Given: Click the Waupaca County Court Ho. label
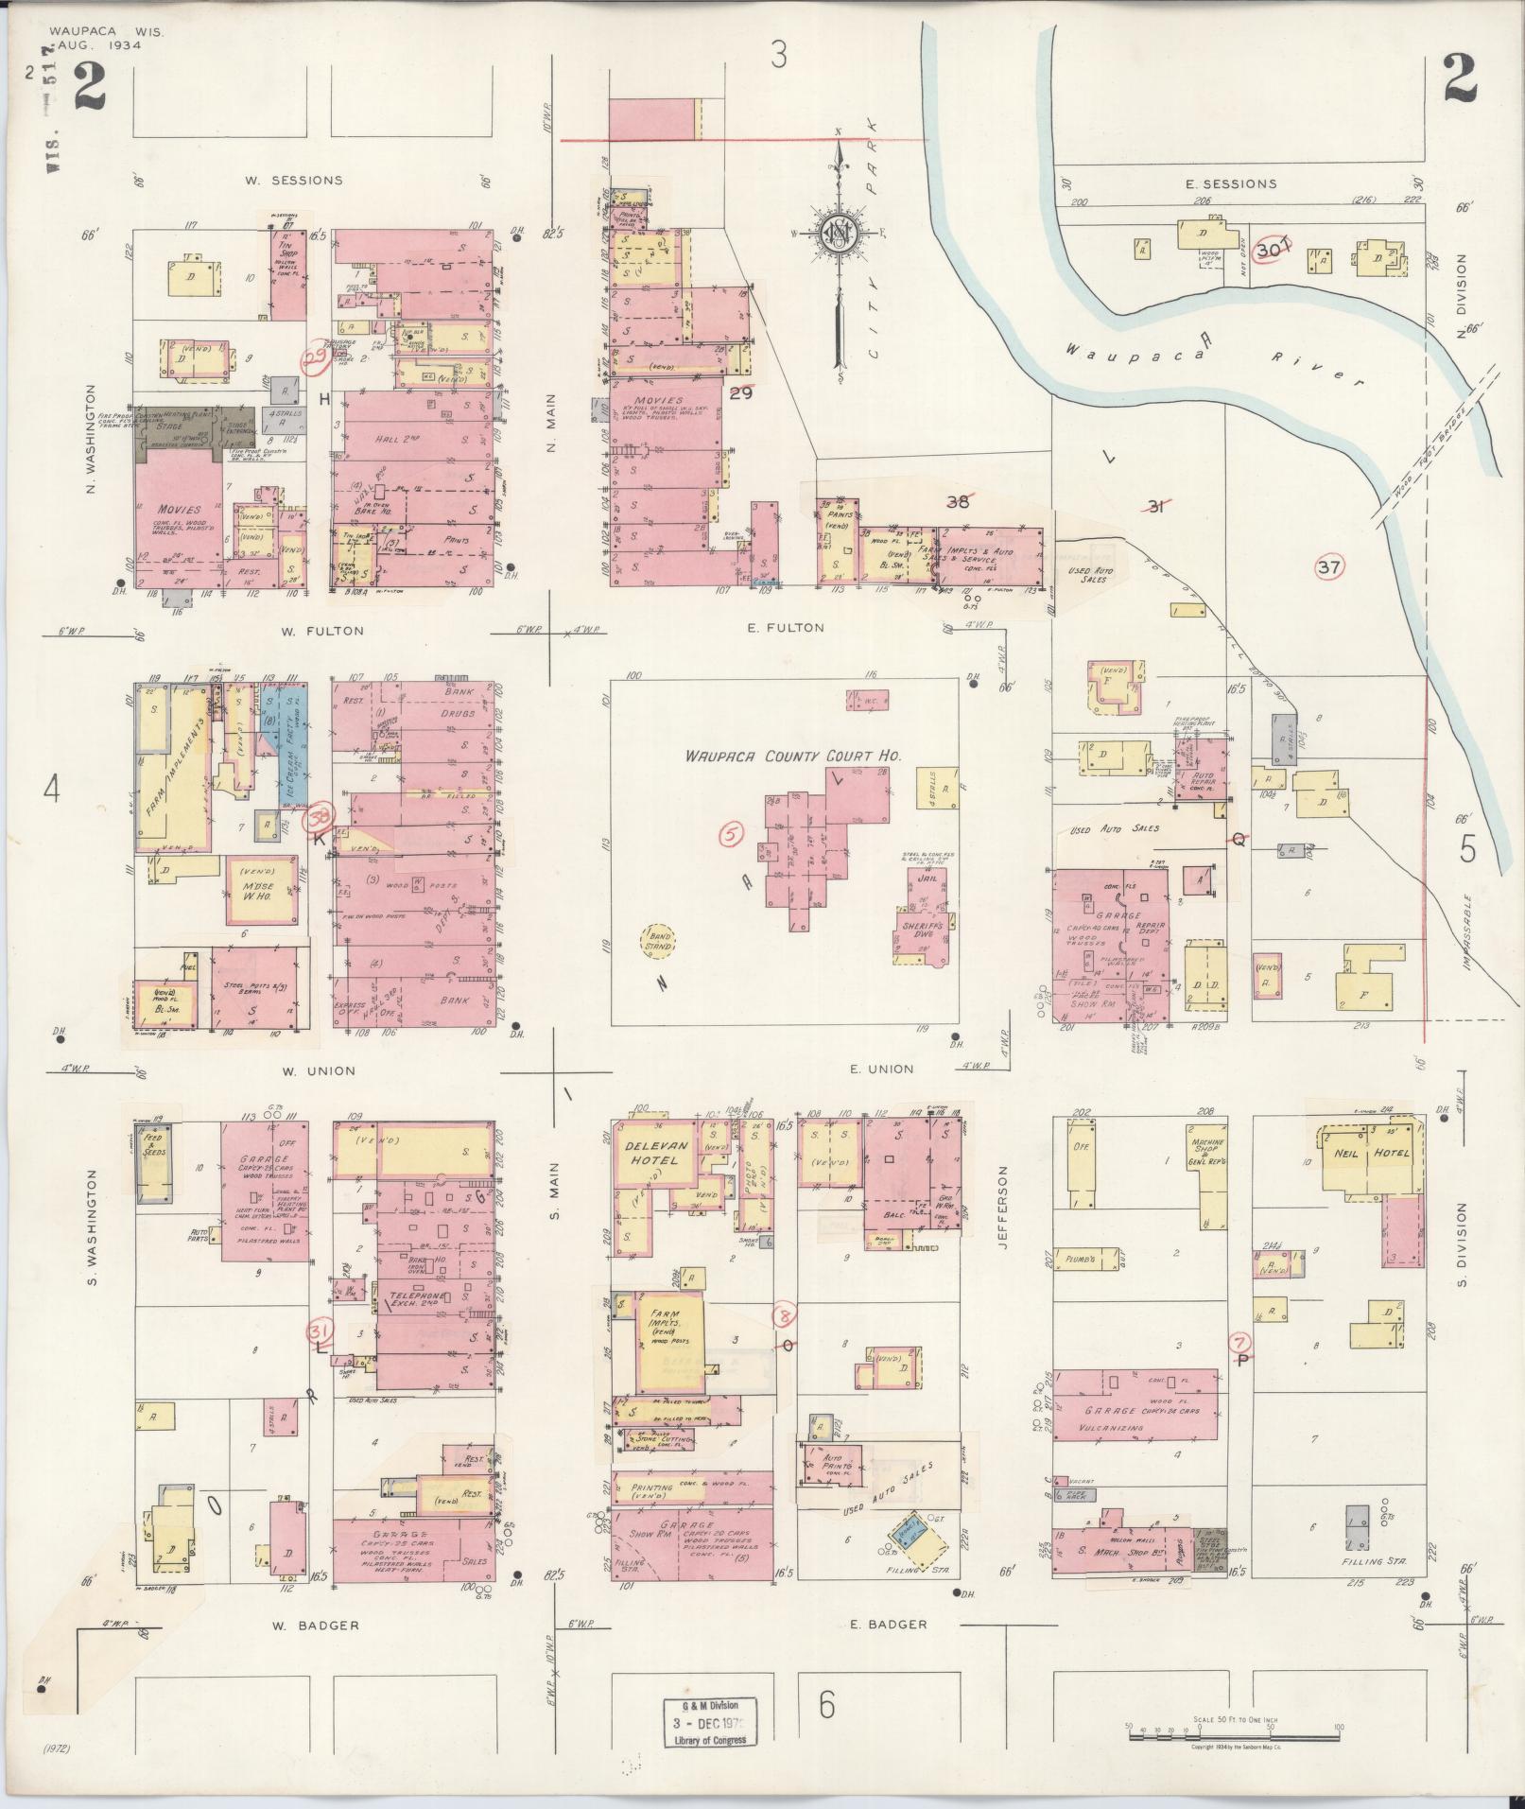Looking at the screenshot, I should point(794,757).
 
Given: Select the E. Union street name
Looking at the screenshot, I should point(881,1070).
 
